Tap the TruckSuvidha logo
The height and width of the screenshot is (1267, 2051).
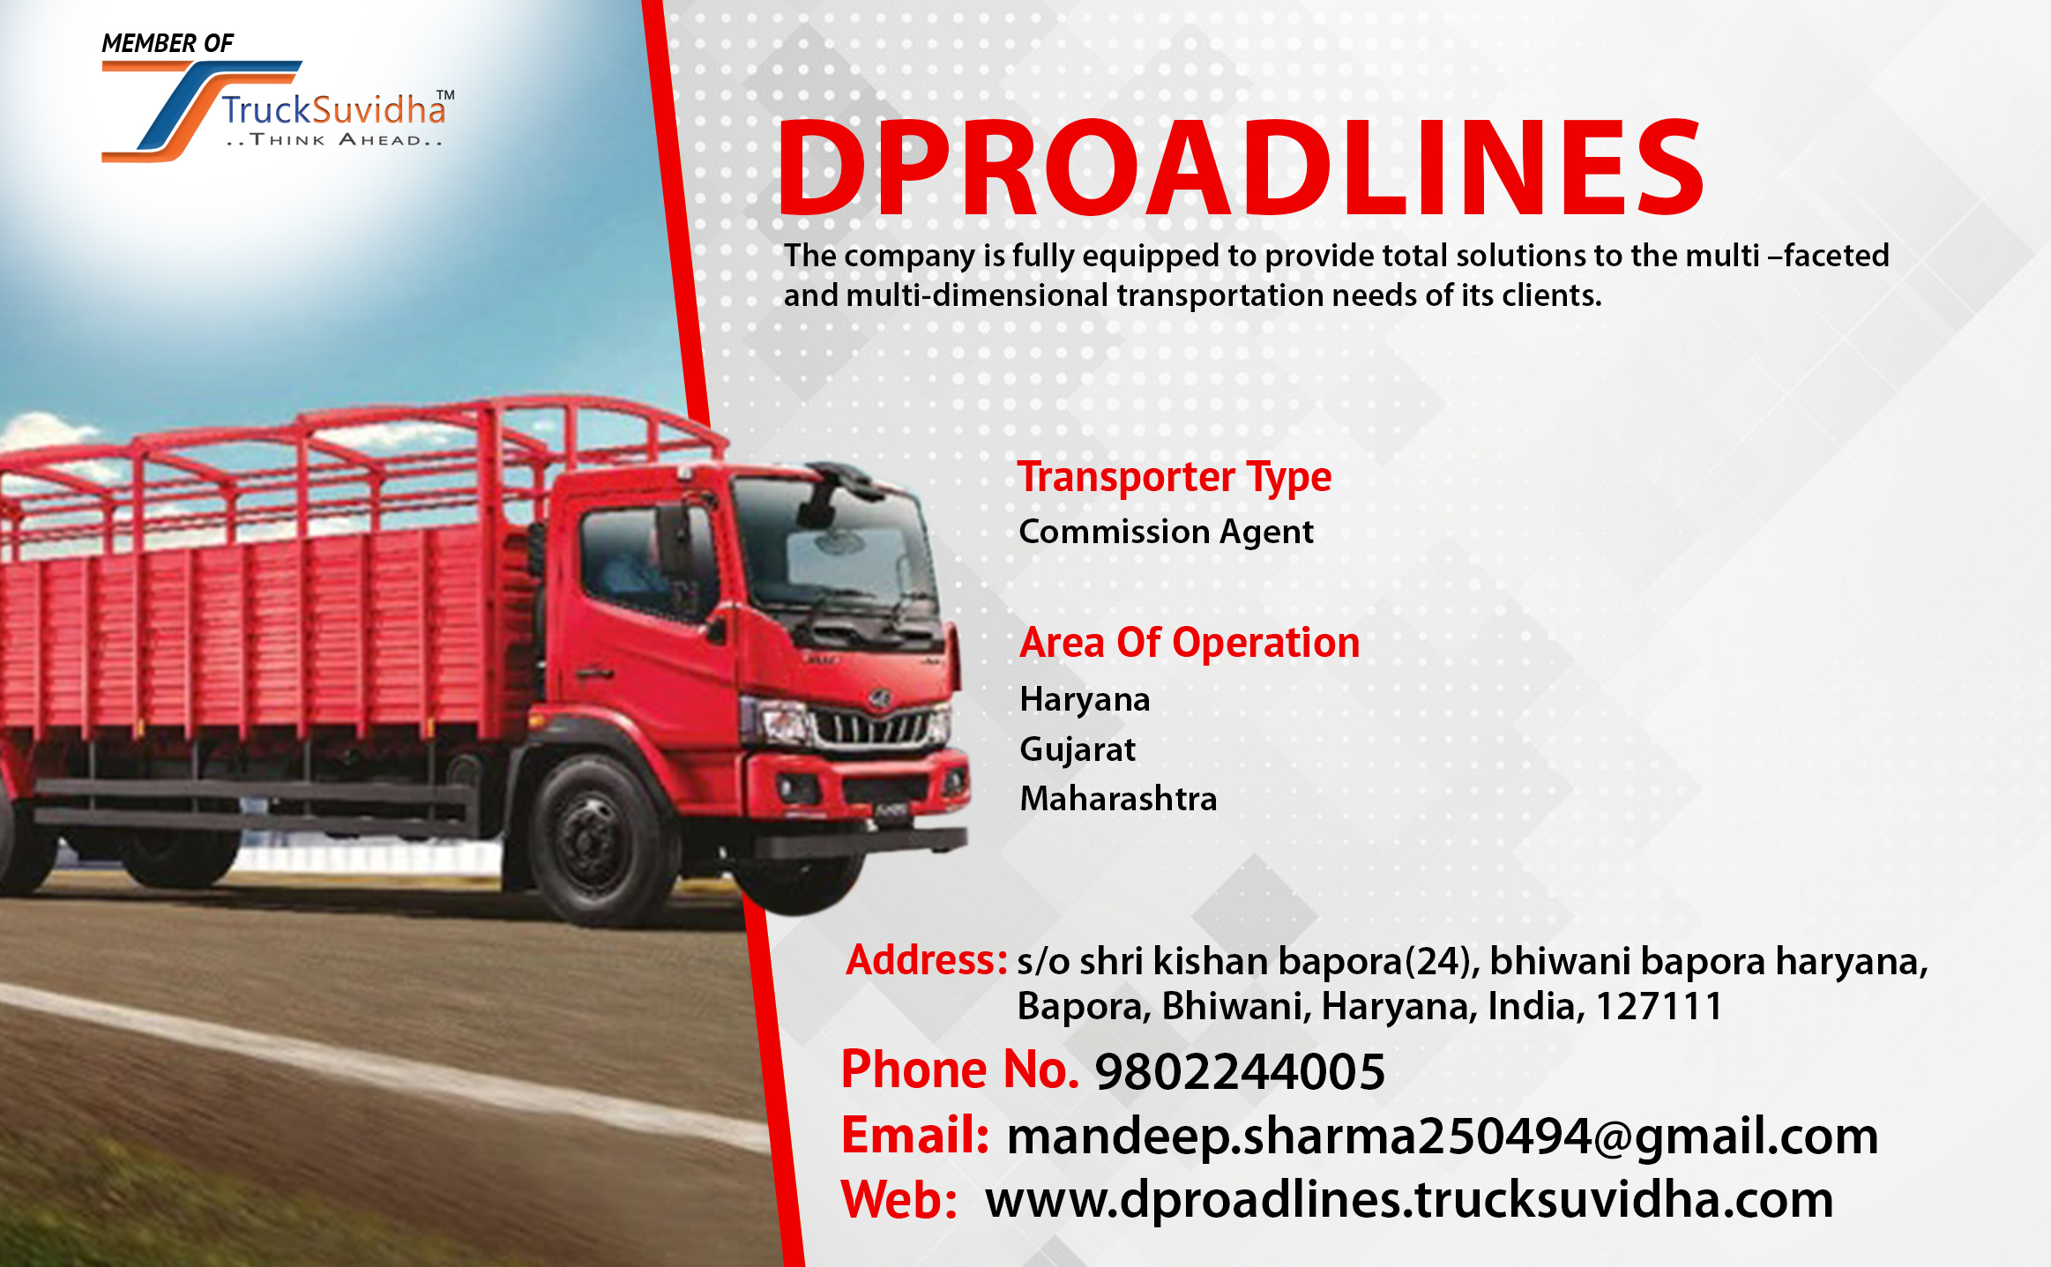[x=277, y=111]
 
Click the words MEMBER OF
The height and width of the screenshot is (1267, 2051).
[x=167, y=43]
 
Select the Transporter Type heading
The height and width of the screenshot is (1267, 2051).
[x=1174, y=477]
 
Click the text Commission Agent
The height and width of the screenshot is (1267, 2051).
[x=1166, y=532]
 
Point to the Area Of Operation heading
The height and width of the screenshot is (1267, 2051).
[x=1189, y=643]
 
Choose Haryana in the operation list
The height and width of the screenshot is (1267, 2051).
[x=1085, y=699]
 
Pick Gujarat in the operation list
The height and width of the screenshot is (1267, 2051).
[x=1077, y=749]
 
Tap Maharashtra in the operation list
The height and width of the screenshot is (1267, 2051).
[x=1118, y=799]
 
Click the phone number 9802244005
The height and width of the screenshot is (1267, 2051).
[x=1239, y=1071]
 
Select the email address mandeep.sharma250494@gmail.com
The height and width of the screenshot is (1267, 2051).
[x=1442, y=1136]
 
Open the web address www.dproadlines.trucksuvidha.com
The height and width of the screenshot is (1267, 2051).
[x=1408, y=1200]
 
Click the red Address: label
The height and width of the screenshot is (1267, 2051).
[x=926, y=960]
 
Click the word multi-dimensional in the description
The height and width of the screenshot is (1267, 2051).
[x=976, y=295]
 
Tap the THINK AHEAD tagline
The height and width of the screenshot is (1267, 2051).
[x=334, y=140]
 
